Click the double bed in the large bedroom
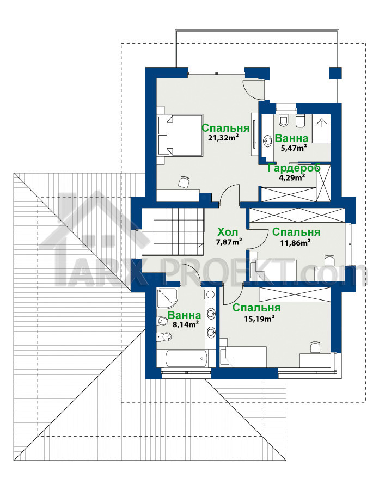(180, 136)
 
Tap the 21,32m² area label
(223, 137)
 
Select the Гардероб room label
(294, 168)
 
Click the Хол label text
(228, 232)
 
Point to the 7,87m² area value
(229, 242)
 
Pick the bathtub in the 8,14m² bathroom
(186, 358)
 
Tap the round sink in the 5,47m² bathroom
(268, 141)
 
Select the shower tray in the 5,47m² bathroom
(321, 128)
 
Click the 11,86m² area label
(295, 242)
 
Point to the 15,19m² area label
(259, 318)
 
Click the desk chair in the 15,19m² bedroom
(315, 347)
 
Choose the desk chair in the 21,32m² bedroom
(184, 182)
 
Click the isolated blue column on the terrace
(335, 73)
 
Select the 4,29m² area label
(292, 178)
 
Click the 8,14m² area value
(186, 324)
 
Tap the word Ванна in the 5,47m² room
(291, 138)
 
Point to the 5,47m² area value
(293, 148)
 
